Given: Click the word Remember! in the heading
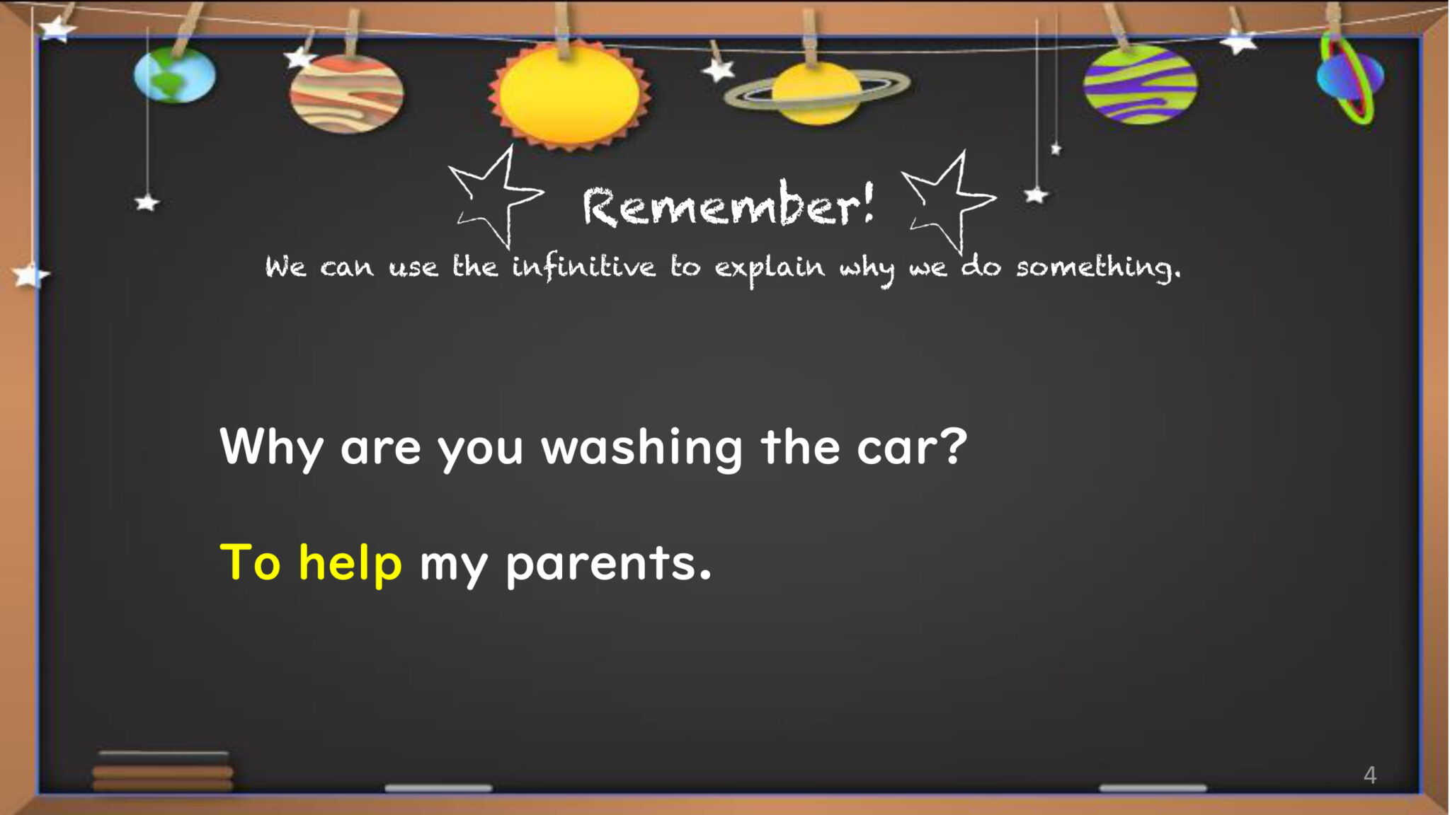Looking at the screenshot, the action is tap(729, 205).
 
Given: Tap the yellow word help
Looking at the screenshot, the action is tap(350, 563).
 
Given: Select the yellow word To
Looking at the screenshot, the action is tap(251, 563).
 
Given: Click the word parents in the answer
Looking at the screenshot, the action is tap(608, 565).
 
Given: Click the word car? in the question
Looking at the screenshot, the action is tap(912, 447).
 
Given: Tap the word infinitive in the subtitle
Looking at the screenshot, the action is tap(584, 267).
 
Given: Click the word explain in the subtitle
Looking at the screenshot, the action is tap(770, 269).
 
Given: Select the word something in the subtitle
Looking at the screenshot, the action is tap(1098, 267).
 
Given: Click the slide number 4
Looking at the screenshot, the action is tap(1370, 775).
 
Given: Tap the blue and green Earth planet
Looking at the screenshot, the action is tap(175, 75).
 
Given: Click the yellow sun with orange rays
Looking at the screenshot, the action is tap(569, 95).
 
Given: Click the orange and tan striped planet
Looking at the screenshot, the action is tap(346, 94).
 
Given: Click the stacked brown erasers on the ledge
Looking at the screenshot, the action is tap(163, 771).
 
